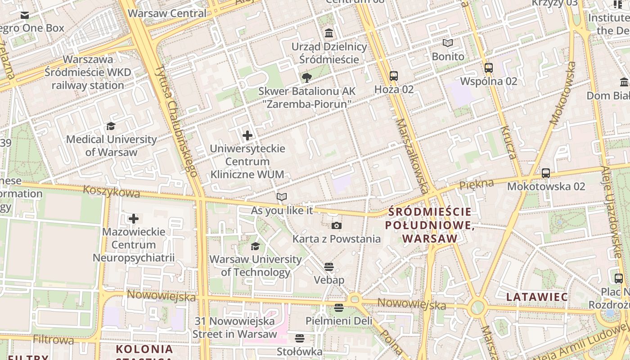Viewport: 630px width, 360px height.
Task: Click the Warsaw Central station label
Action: (167, 13)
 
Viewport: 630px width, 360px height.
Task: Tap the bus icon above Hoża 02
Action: (394, 76)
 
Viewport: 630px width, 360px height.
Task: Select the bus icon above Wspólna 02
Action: (489, 68)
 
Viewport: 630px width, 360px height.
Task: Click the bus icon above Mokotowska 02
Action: (546, 173)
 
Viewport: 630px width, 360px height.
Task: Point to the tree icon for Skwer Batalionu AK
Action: (307, 78)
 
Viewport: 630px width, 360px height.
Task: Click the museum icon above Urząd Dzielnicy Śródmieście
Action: (329, 33)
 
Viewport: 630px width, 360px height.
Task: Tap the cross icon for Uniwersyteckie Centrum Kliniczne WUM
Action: (247, 135)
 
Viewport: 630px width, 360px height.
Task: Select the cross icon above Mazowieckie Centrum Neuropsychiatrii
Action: (134, 219)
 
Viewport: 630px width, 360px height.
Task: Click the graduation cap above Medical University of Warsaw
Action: (111, 126)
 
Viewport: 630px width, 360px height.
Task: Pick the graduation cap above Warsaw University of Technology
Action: (255, 246)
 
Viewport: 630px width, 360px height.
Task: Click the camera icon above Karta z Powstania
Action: (337, 226)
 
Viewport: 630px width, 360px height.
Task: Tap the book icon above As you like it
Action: (282, 197)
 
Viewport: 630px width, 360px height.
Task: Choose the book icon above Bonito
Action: (448, 43)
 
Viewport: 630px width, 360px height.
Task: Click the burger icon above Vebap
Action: (329, 267)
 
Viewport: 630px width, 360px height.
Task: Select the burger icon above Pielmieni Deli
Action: (339, 308)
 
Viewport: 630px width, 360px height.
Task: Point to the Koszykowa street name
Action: (111, 193)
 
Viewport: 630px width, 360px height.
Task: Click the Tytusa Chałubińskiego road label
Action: (176, 121)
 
